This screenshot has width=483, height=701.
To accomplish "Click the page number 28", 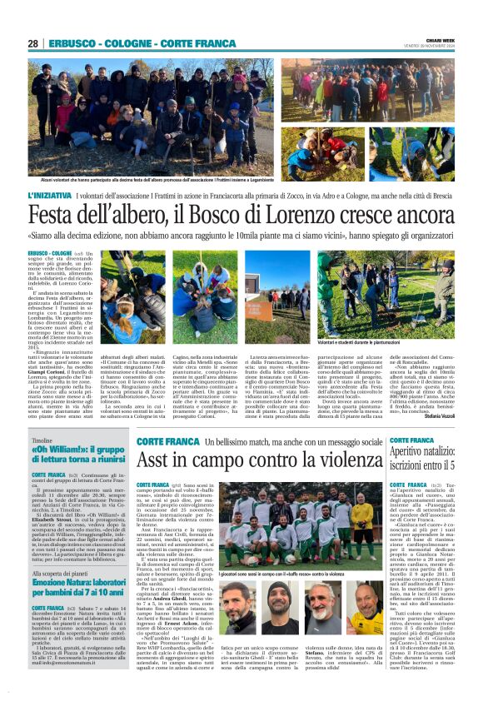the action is (x=33, y=43).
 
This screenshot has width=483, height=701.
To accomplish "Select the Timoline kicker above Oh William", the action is (x=42, y=440).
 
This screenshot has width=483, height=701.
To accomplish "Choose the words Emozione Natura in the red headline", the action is (x=62, y=583).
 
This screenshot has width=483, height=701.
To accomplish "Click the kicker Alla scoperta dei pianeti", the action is (x=63, y=574).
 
